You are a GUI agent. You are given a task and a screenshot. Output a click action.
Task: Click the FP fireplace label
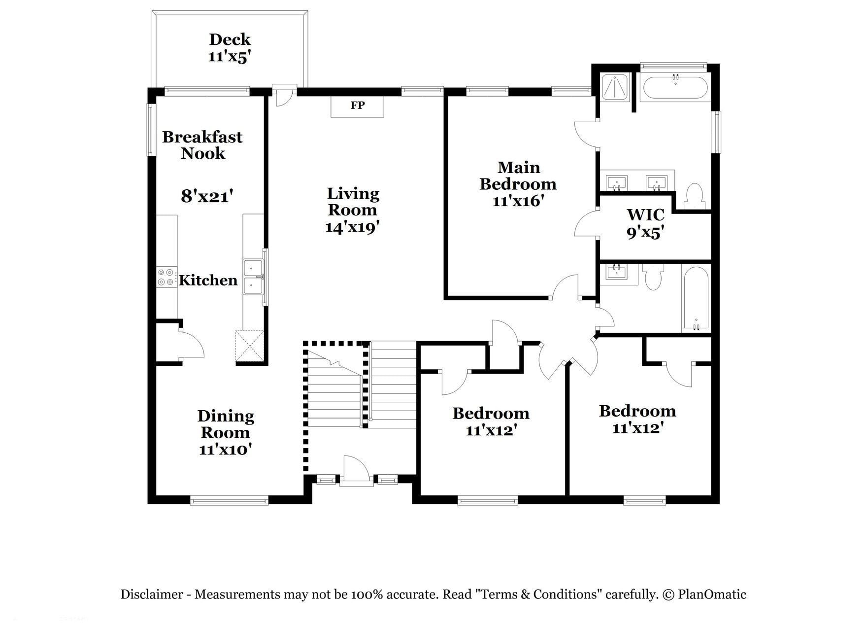point(357,105)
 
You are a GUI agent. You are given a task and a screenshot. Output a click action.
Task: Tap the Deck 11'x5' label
point(230,47)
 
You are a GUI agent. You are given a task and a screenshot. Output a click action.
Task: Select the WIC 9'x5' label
point(646,223)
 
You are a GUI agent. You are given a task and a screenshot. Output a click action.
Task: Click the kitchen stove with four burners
point(166,277)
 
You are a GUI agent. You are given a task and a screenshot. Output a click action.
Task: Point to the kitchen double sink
point(254,277)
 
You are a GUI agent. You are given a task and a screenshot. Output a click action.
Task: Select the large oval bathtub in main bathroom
point(675,88)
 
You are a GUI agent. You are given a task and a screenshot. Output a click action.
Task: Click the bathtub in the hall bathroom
point(696,299)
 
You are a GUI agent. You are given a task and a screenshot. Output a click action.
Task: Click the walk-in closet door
point(586,224)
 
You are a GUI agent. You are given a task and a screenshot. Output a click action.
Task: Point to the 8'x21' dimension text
point(206,197)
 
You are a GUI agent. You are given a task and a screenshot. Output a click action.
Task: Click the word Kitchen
point(208,280)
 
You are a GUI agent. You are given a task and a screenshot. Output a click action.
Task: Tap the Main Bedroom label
point(518,175)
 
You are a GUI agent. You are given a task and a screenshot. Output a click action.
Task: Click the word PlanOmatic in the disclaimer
point(712,595)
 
